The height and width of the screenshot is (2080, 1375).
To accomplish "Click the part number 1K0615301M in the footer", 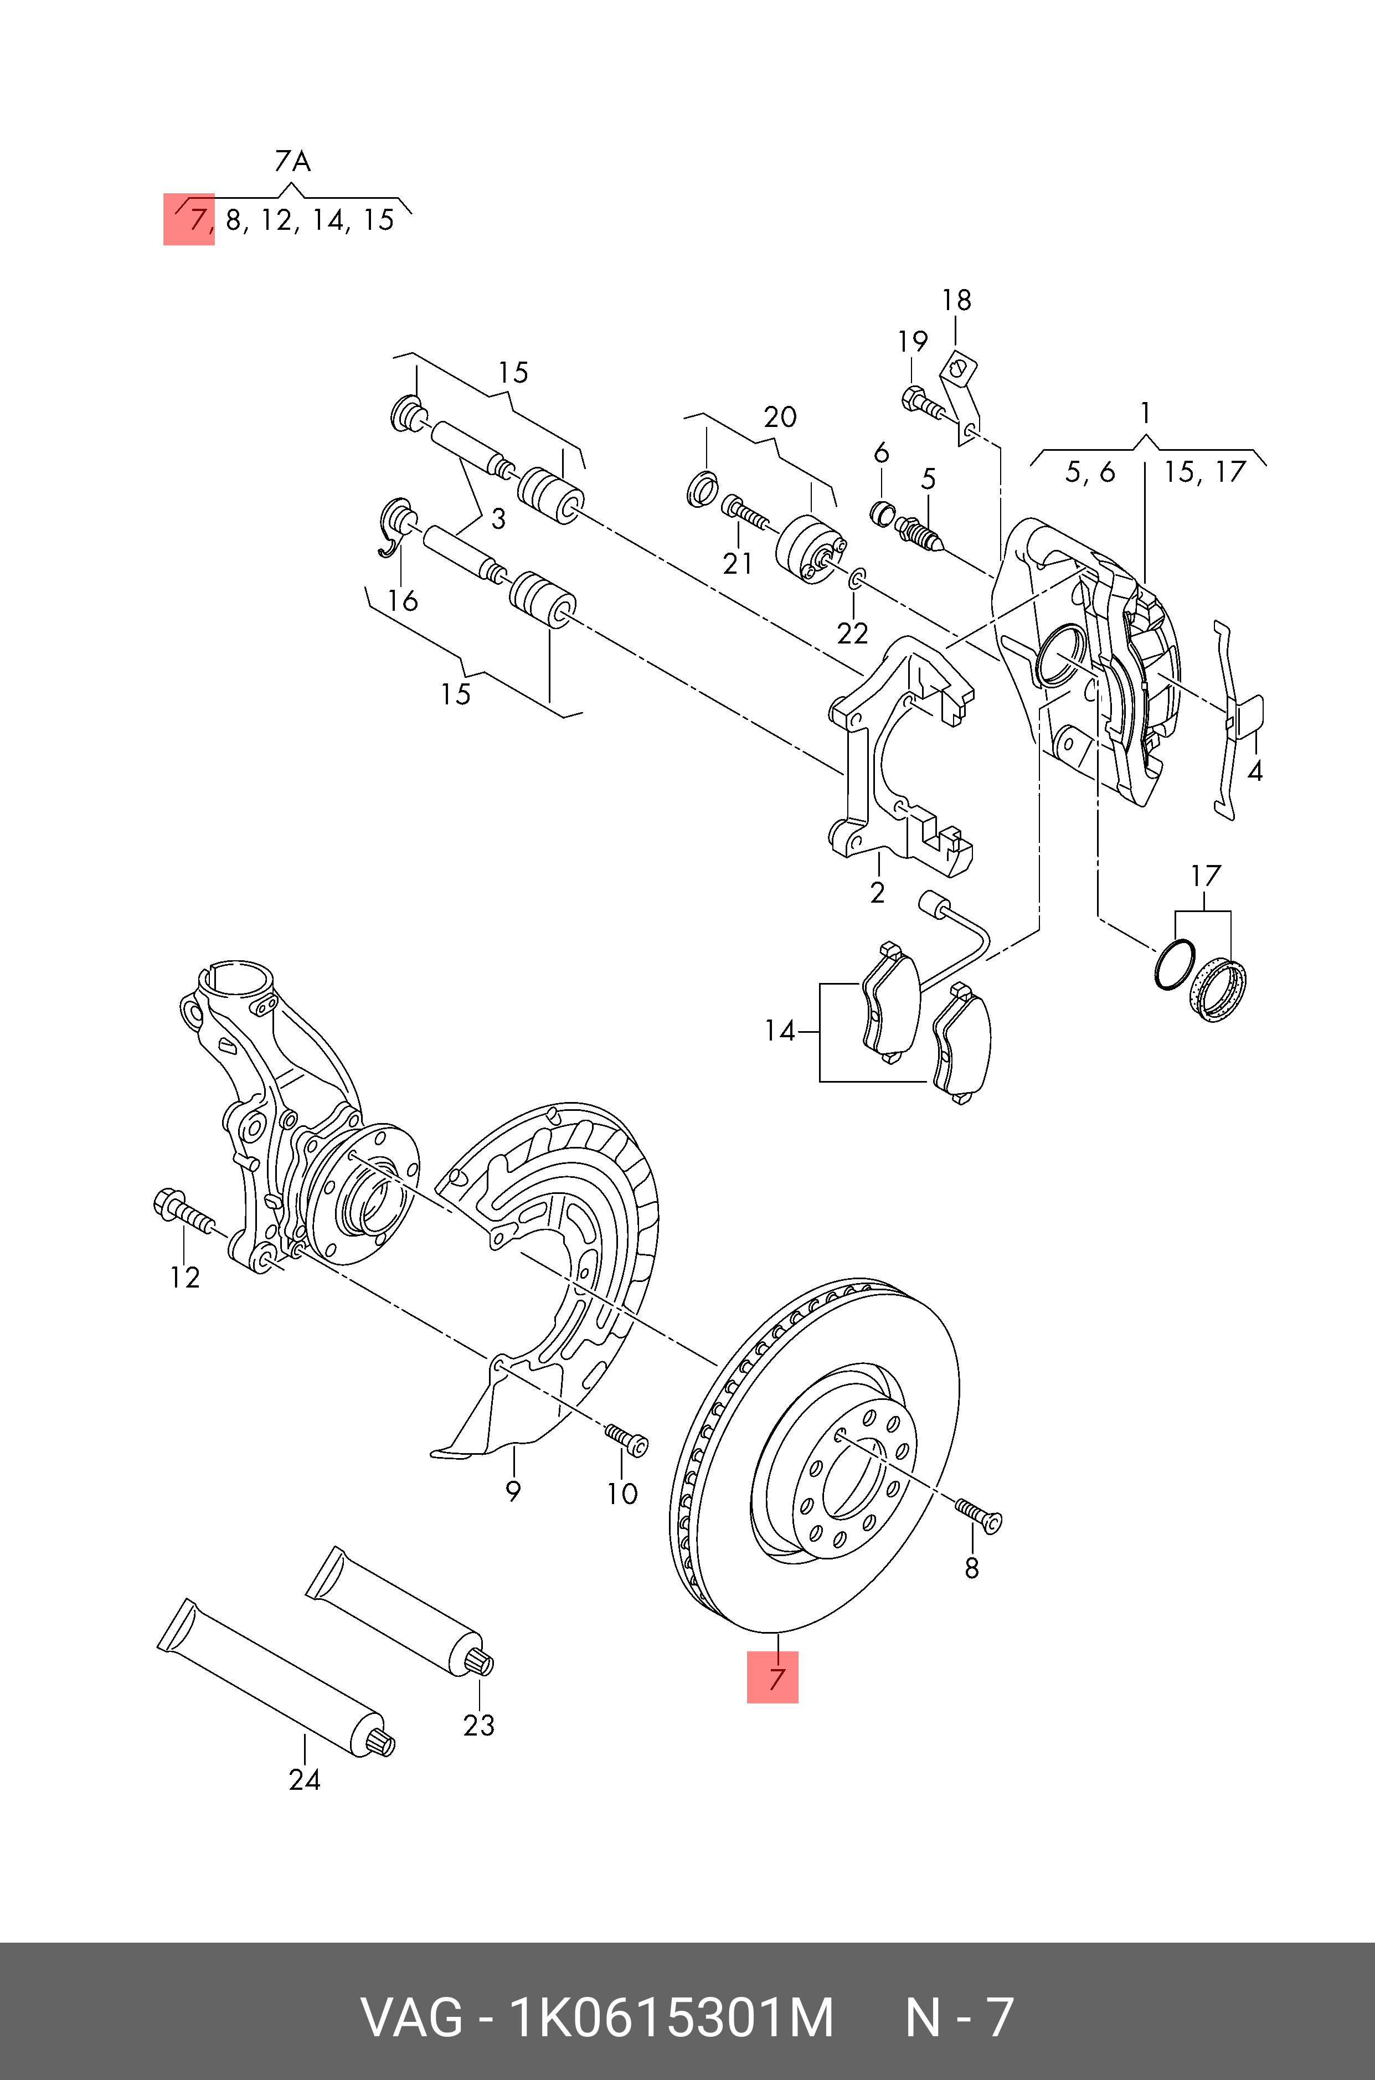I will pos(671,2018).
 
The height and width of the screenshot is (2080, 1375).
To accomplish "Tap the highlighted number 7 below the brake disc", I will pos(773,1677).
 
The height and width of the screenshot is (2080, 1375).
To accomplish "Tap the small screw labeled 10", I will pos(627,1438).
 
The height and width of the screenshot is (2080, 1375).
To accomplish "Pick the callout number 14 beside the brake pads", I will pos(779,1031).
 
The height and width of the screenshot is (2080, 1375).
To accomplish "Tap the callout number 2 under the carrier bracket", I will pos(877,893).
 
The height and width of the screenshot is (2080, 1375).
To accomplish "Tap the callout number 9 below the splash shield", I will pos(513,1490).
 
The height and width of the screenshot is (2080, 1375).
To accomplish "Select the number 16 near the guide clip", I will pos(403,601).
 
